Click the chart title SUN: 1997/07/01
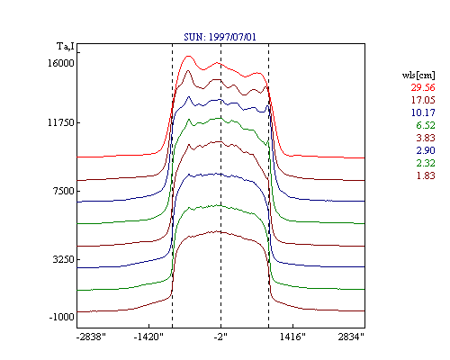tap(220, 37)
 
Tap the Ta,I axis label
tap(66, 46)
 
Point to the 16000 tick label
tap(61, 63)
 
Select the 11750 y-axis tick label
tap(61, 122)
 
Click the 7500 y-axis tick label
tap(63, 191)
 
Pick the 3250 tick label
tap(63, 259)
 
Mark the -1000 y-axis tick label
tap(61, 317)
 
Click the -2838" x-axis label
tap(91, 337)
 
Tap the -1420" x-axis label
tap(148, 337)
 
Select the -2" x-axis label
tap(220, 337)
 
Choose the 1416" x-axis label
tap(292, 337)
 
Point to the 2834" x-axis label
tap(351, 337)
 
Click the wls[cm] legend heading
tap(418, 75)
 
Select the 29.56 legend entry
tap(423, 87)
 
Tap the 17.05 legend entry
tap(423, 100)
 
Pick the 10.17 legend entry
tap(423, 112)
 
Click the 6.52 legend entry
tap(426, 125)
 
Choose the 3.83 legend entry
tap(426, 138)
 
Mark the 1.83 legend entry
tap(426, 175)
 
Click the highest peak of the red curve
tap(188, 56)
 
